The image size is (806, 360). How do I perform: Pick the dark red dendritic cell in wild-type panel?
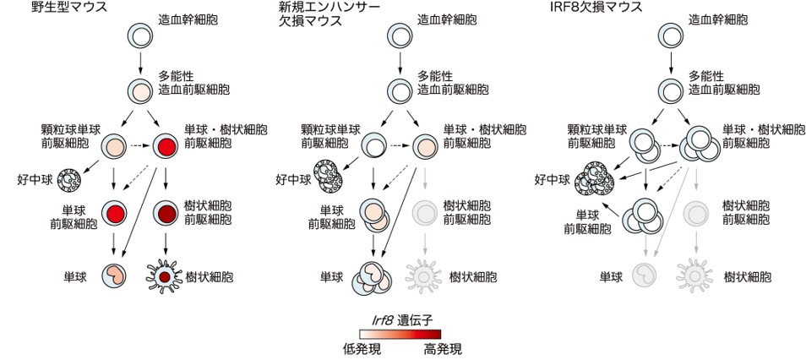tap(166, 276)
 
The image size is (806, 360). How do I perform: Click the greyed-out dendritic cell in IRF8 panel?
tap(694, 276)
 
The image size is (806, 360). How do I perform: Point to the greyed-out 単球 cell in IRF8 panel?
tap(645, 276)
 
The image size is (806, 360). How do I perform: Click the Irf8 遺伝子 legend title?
tap(396, 319)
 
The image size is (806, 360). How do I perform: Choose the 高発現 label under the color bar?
tap(443, 347)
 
